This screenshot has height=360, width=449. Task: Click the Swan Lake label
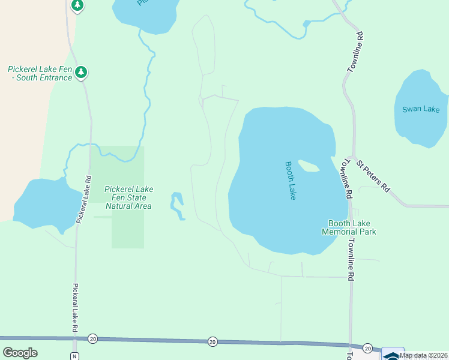coord(421,109)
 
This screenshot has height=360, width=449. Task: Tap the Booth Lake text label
coord(291,181)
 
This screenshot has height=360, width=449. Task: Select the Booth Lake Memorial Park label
coord(349,227)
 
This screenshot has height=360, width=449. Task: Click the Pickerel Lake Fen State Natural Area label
coord(128,197)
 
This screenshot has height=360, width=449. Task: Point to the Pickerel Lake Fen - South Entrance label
coord(40,73)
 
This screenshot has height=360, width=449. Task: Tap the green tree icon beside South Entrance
coord(82,72)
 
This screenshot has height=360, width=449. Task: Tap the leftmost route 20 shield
coord(92,339)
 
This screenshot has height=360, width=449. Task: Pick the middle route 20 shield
coord(212,341)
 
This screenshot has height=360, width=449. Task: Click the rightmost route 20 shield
coord(367,348)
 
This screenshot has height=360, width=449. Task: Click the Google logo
coord(20,353)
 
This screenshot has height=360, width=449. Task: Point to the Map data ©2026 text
coord(423,355)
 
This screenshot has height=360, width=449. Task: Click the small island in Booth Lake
coord(309,166)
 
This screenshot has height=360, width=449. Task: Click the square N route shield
coord(74,356)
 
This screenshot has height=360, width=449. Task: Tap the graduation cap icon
coord(393,354)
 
